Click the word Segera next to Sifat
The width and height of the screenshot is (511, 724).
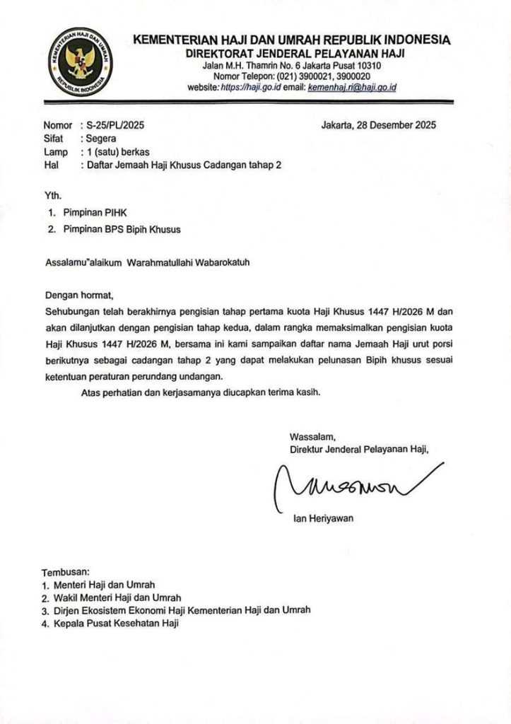tap(101, 139)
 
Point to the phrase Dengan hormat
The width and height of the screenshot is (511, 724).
tap(78, 294)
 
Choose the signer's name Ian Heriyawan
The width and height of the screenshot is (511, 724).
tap(322, 518)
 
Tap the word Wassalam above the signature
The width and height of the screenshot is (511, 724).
tap(308, 436)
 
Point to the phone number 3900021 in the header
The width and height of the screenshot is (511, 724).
tap(302, 76)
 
